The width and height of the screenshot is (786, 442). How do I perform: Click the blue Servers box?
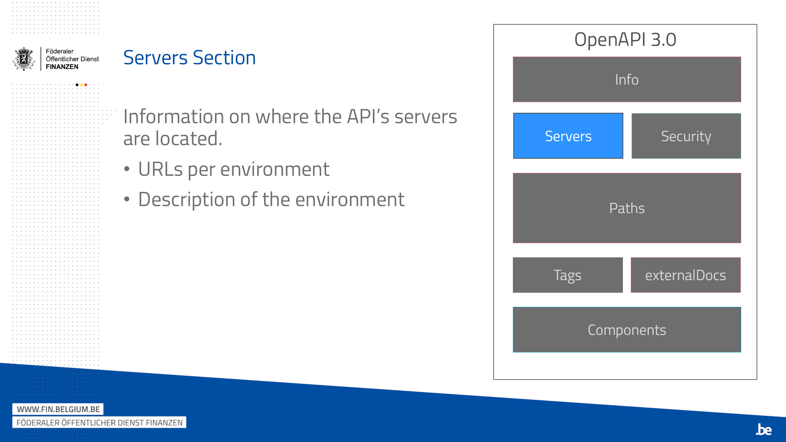coord(568,136)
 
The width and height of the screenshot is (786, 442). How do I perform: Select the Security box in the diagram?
coord(686,136)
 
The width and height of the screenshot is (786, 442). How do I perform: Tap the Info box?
coord(627,79)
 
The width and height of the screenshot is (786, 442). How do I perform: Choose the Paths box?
coord(627,208)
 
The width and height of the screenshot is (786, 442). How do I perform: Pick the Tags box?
coord(568,275)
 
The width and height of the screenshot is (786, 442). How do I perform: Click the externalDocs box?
coord(686,275)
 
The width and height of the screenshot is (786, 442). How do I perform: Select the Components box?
coord(627,330)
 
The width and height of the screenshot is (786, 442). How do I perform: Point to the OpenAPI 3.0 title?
coord(625,40)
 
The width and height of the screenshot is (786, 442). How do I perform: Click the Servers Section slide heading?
coord(189,58)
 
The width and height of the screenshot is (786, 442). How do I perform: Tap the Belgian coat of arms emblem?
coord(24,59)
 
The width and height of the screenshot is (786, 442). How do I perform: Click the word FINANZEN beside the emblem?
coord(62,67)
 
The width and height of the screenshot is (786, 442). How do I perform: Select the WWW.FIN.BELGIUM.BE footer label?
coord(58,409)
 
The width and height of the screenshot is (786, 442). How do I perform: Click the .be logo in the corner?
coord(764,429)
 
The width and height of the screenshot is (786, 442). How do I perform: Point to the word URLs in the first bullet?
coord(160,169)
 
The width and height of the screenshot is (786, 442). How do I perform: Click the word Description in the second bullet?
coord(187,200)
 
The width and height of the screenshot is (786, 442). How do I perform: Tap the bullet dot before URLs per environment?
coord(127,169)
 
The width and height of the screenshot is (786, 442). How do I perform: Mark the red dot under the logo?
coord(86,85)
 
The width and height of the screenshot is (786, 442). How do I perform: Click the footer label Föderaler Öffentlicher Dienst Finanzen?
coord(99,422)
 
